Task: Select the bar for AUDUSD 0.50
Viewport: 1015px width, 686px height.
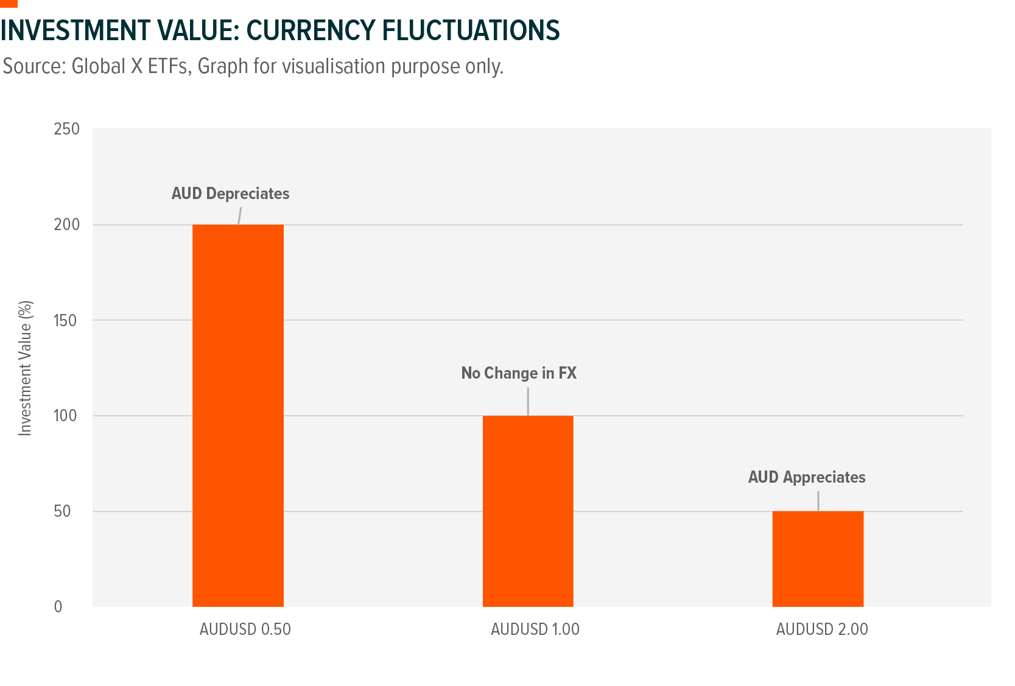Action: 237,415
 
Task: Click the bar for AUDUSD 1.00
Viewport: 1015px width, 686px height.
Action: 528,511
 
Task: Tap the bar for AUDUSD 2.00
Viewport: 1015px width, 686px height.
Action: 818,558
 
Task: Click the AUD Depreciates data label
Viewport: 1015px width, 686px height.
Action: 230,194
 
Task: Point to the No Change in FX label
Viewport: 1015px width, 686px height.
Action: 519,373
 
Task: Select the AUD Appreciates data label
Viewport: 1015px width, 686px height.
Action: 806,477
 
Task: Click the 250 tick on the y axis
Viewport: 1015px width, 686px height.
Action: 66,129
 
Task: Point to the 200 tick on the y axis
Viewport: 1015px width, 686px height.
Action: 66,225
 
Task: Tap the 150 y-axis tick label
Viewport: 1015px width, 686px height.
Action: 66,320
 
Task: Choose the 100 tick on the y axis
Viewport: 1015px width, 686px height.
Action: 66,416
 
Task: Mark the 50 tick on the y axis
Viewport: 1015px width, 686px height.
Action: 62,511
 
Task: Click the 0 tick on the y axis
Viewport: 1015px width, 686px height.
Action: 58,607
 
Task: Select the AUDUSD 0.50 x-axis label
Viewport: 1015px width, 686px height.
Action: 245,629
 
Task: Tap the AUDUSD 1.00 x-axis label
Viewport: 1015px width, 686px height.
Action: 535,629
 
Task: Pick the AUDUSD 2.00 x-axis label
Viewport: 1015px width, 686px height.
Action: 822,629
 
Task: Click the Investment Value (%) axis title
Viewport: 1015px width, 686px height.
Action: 25,368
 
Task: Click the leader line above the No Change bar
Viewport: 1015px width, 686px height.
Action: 528,401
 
